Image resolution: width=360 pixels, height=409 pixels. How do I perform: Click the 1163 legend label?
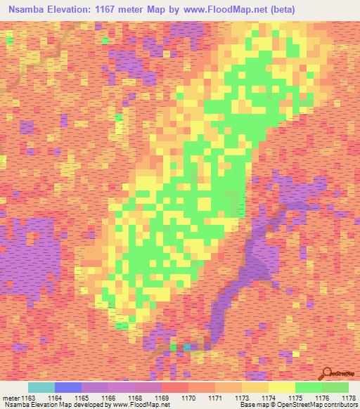(26, 398)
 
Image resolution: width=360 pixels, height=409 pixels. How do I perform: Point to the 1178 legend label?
(347, 398)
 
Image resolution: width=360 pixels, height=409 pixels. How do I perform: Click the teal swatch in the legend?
(41, 387)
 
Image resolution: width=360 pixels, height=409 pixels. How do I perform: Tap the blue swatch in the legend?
(67, 387)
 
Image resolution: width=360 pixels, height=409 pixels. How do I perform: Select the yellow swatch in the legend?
(281, 387)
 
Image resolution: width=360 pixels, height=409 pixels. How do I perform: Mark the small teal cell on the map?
(187, 346)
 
